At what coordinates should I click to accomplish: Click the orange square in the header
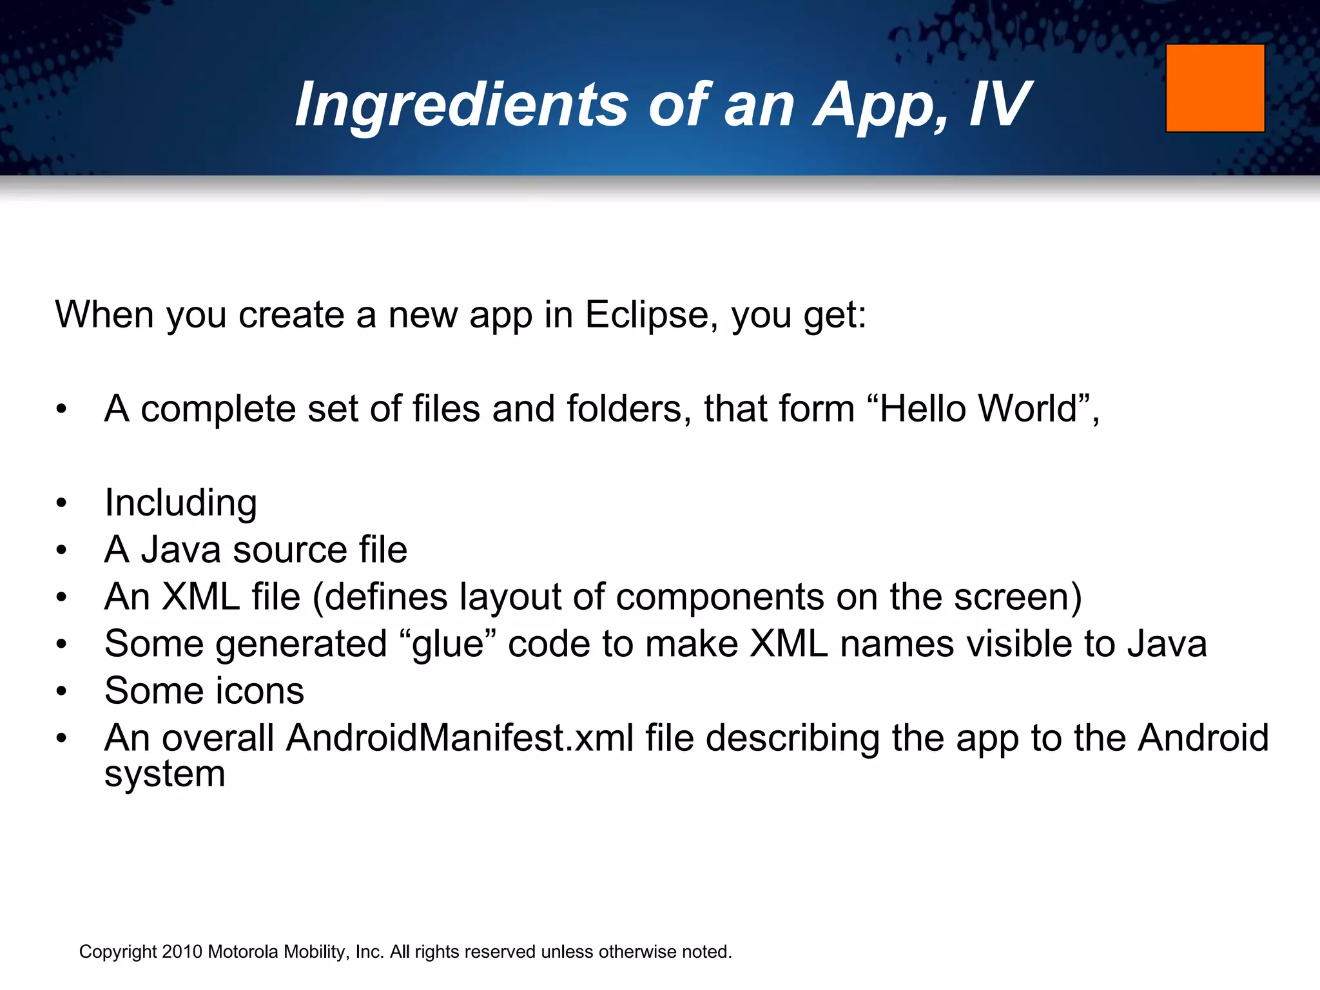click(1215, 88)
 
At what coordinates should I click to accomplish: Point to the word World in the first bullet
click(1027, 409)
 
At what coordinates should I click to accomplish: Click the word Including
click(180, 503)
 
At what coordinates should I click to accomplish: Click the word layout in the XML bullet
click(510, 597)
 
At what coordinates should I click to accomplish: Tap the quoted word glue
click(447, 644)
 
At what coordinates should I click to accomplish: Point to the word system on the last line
click(165, 774)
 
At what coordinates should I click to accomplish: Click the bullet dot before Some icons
click(61, 692)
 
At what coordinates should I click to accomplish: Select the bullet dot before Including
click(61, 503)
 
